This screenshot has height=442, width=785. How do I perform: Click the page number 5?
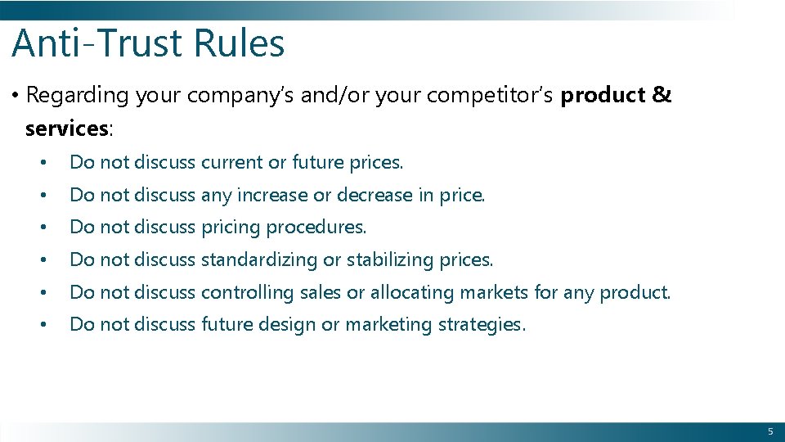(x=769, y=431)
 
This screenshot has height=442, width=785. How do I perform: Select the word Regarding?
(x=78, y=96)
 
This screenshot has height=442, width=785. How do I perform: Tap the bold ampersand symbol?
(x=662, y=96)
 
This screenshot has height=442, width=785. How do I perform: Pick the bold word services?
(x=66, y=129)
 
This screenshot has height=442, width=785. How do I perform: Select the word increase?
(x=271, y=196)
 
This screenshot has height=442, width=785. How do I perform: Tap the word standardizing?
(x=258, y=260)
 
